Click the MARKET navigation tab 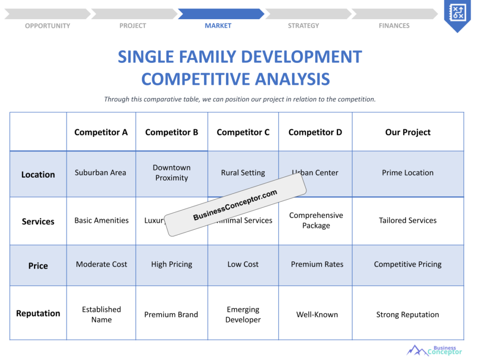click(218, 26)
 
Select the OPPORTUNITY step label click(47, 26)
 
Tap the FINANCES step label click(394, 26)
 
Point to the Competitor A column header click(101, 132)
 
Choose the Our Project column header click(408, 132)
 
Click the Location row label click(38, 174)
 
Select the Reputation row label click(38, 313)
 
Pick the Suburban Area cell click(100, 172)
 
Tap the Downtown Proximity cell click(172, 172)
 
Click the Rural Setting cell click(243, 172)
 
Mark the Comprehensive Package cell click(316, 220)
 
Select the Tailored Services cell click(408, 220)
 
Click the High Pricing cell click(172, 264)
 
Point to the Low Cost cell click(243, 264)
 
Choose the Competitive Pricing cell click(408, 264)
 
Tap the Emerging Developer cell click(243, 315)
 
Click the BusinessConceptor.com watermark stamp click(235, 206)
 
